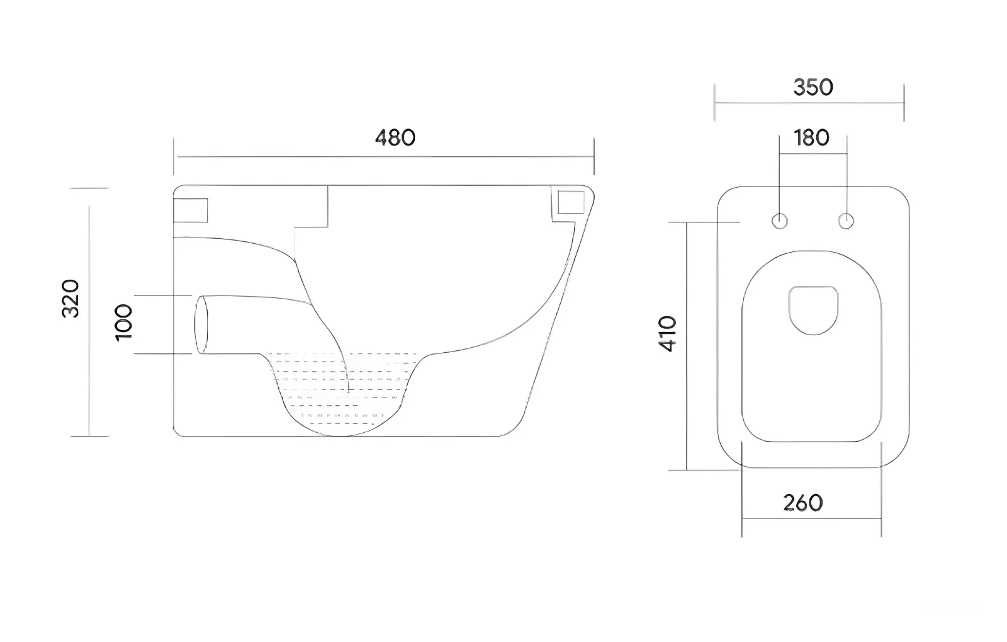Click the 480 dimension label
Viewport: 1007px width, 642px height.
point(395,138)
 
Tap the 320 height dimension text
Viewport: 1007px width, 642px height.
point(70,299)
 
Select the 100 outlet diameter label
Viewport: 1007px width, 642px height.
point(123,323)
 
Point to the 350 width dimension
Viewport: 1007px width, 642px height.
point(813,88)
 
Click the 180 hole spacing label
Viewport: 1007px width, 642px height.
point(811,138)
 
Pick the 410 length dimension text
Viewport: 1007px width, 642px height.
point(667,334)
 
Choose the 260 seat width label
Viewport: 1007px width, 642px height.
point(803,503)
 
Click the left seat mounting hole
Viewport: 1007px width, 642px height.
point(780,221)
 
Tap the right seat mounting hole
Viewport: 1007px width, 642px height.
point(846,221)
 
